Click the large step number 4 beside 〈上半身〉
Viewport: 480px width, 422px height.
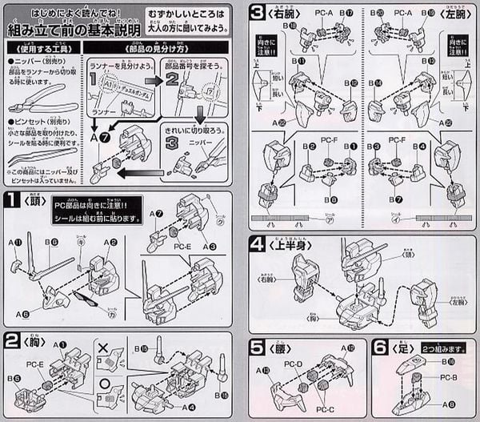coord(257,245)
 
